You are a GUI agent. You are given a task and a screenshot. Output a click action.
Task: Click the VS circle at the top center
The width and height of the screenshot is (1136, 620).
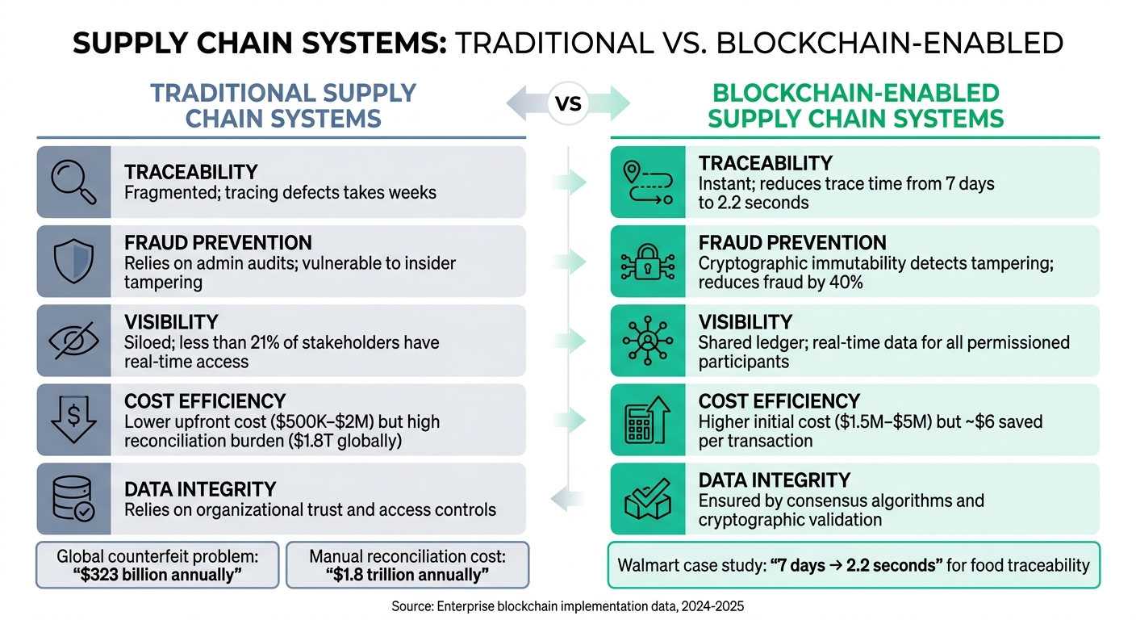pyautogui.click(x=568, y=103)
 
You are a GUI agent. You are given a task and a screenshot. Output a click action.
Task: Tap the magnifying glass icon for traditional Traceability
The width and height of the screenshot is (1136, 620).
pyautogui.click(x=73, y=182)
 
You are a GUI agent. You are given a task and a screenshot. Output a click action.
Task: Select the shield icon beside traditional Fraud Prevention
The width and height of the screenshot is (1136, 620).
pyautogui.click(x=73, y=262)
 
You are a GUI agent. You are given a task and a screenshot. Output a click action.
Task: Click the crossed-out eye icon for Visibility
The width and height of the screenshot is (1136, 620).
pyautogui.click(x=73, y=341)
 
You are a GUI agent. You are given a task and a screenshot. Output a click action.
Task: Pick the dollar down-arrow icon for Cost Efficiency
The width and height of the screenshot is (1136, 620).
pyautogui.click(x=73, y=420)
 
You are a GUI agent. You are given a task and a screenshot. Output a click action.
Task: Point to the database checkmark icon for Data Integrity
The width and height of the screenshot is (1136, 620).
pyautogui.click(x=73, y=499)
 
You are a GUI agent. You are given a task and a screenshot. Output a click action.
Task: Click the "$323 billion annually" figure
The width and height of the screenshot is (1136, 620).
pyautogui.click(x=157, y=574)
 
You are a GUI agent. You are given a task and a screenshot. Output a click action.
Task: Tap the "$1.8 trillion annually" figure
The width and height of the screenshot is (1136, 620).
pyautogui.click(x=407, y=574)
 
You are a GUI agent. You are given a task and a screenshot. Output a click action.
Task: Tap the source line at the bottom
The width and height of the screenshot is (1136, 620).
pyautogui.click(x=567, y=605)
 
